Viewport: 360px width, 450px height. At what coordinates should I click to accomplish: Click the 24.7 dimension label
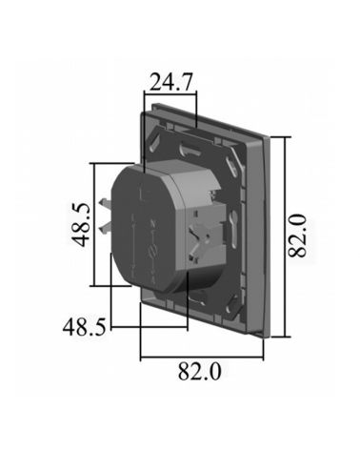(170, 82)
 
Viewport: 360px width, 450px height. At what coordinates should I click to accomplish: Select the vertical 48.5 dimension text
(79, 225)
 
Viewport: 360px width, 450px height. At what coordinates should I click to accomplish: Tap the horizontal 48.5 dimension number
(84, 327)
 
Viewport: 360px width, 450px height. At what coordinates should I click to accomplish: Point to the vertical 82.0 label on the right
(297, 235)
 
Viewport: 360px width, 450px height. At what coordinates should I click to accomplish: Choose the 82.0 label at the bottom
(199, 372)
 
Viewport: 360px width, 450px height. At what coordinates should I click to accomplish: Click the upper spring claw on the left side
(105, 205)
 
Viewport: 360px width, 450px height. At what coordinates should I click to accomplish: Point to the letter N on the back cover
(151, 223)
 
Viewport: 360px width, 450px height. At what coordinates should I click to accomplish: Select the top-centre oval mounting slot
(191, 149)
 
